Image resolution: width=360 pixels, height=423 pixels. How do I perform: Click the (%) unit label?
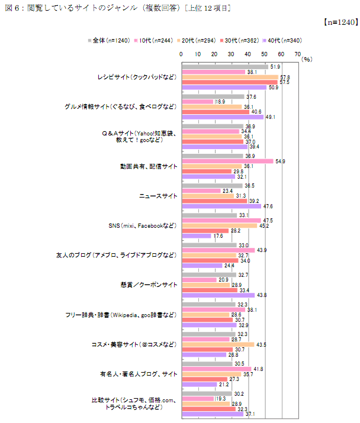coord(306,59)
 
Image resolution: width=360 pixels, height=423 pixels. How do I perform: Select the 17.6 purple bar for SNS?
coord(196,236)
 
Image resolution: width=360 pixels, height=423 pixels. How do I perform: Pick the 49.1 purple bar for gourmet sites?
coord(222,117)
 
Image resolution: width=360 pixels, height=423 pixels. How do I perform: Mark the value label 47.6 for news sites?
coord(268,206)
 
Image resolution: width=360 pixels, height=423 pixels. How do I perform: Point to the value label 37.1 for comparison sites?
coord(252,414)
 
